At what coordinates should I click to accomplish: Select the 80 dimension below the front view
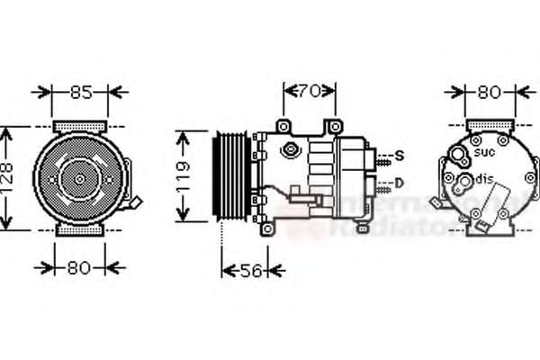pyautogui.click(x=79, y=266)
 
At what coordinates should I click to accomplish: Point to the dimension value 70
pyautogui.click(x=310, y=90)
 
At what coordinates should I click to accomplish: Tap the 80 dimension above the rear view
pyautogui.click(x=489, y=91)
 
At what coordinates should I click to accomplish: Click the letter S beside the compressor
pyautogui.click(x=399, y=157)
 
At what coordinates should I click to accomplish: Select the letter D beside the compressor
pyautogui.click(x=399, y=183)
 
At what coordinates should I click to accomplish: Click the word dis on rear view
pyautogui.click(x=485, y=177)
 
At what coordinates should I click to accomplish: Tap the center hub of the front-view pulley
pyautogui.click(x=79, y=179)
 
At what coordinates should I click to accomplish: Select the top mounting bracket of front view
pyautogui.click(x=79, y=125)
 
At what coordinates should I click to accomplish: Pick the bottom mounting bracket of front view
pyautogui.click(x=79, y=231)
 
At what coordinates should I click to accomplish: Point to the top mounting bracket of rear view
pyautogui.click(x=489, y=125)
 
